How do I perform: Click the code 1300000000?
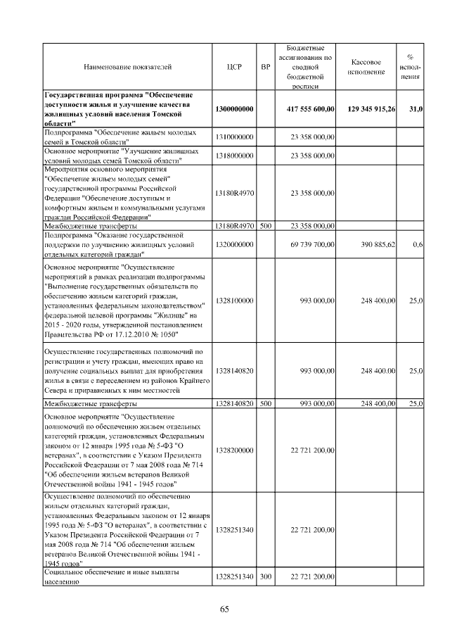coord(235,109)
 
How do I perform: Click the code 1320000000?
coord(235,244)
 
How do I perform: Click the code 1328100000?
coord(235,301)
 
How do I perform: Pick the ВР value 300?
coord(265,577)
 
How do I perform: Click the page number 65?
coord(225,610)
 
